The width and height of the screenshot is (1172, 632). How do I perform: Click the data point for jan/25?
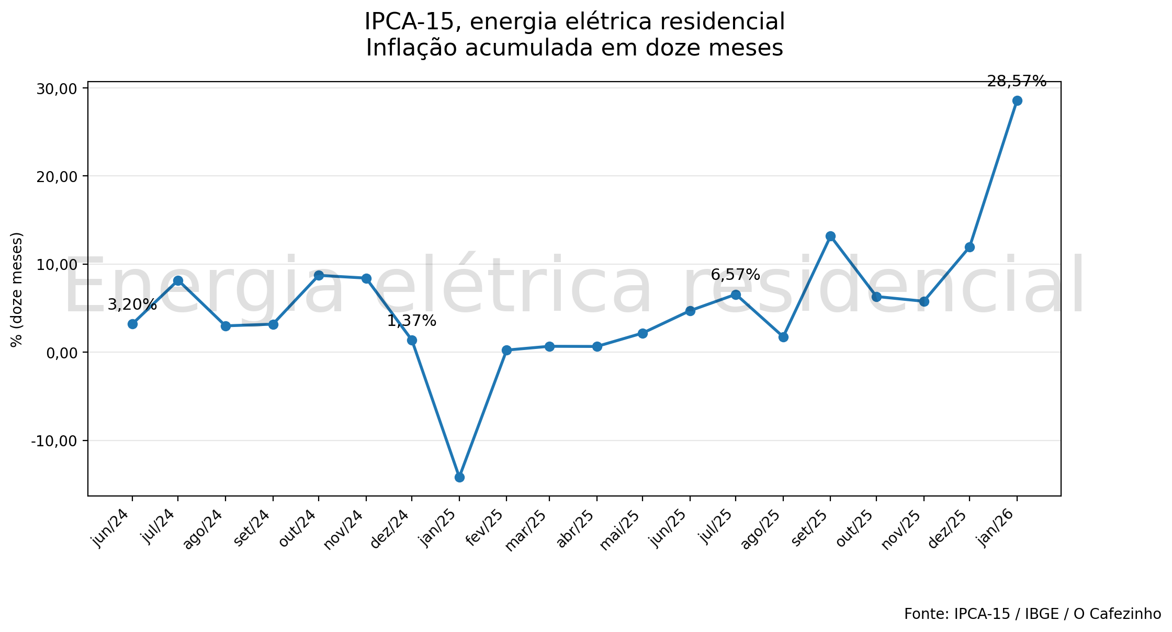click(x=459, y=477)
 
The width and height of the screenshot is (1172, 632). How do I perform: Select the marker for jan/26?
click(x=1017, y=101)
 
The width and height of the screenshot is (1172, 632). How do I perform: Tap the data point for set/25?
click(x=830, y=236)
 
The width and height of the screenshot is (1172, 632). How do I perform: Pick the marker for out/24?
click(x=319, y=276)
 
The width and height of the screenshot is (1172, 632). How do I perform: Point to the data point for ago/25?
click(x=783, y=337)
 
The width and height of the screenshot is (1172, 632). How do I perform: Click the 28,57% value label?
click(x=1017, y=82)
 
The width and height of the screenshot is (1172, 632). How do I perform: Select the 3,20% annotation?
click(x=132, y=304)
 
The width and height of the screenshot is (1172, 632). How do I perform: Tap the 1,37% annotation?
click(x=411, y=321)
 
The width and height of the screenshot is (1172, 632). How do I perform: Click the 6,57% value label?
click(x=735, y=275)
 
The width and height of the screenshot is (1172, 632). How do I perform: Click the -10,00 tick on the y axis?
click(x=54, y=441)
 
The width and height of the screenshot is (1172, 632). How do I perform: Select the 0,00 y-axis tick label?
click(x=62, y=353)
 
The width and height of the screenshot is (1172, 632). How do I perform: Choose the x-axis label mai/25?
click(x=620, y=529)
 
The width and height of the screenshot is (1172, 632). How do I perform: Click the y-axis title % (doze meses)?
click(x=17, y=289)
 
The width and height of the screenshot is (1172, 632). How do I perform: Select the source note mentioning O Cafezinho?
click(x=1032, y=614)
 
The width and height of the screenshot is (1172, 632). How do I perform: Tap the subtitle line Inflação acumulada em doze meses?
click(x=574, y=48)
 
